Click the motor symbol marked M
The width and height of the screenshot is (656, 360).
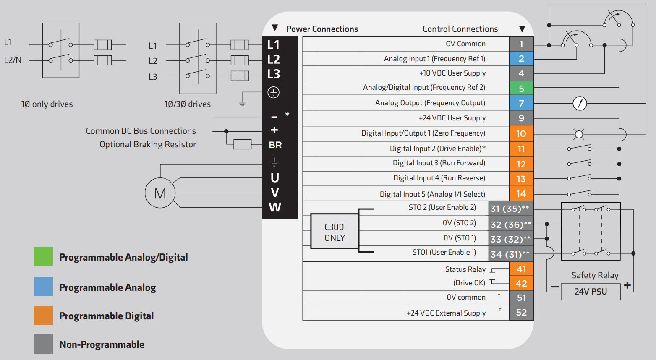point(160,193)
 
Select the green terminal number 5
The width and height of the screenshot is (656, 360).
point(521,89)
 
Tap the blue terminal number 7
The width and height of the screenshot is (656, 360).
point(521,103)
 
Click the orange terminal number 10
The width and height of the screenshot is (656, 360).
point(521,133)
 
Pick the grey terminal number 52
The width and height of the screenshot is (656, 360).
point(521,313)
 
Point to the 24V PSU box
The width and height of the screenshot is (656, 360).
point(591,292)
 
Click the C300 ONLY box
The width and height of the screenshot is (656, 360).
point(335,232)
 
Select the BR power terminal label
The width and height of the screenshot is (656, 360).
point(275,145)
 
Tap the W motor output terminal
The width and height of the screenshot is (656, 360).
point(275,207)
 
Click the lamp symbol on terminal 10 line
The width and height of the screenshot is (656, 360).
point(579,134)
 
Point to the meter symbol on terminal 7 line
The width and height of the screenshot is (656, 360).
point(580,103)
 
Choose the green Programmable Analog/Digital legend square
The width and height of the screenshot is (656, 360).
point(43,256)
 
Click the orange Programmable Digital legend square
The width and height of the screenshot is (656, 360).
point(43,316)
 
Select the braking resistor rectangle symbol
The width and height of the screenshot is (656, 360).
point(242,144)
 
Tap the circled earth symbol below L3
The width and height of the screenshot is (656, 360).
point(274,92)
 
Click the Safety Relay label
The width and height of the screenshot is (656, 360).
point(595,275)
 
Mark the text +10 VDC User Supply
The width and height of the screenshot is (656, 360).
point(452,73)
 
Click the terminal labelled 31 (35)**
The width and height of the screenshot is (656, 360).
point(510,209)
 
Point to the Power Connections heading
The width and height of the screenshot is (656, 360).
point(322,29)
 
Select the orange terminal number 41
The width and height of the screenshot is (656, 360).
point(521,269)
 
